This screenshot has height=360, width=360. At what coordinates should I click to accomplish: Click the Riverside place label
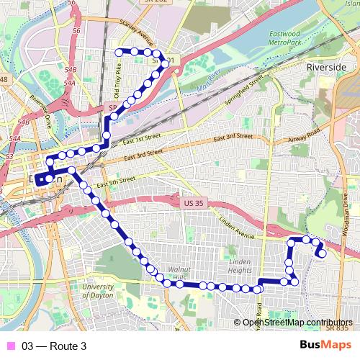[x=326, y=66]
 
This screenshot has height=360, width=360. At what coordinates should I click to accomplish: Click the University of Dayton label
[x=98, y=291]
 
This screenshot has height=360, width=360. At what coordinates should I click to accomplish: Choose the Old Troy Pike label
[x=119, y=79]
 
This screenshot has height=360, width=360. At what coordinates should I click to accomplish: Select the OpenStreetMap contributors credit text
[x=297, y=323]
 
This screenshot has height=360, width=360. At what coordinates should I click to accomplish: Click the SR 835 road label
[x=336, y=327]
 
